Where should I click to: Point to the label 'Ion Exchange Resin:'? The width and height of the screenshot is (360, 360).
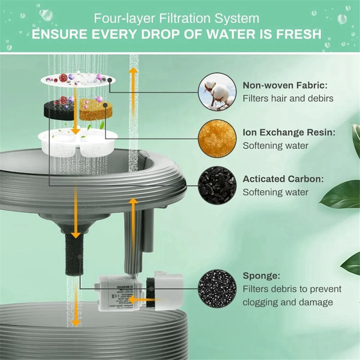(289, 132)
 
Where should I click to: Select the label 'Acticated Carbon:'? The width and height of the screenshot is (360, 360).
(283, 179)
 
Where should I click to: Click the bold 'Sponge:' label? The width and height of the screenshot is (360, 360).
(261, 275)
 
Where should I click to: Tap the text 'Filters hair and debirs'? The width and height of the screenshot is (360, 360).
(288, 98)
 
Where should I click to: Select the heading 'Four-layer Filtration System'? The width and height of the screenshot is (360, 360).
(176, 18)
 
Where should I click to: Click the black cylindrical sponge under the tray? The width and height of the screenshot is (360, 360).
(74, 257)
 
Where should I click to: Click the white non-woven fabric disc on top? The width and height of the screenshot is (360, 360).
(76, 79)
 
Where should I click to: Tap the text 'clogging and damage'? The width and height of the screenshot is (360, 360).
(287, 302)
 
